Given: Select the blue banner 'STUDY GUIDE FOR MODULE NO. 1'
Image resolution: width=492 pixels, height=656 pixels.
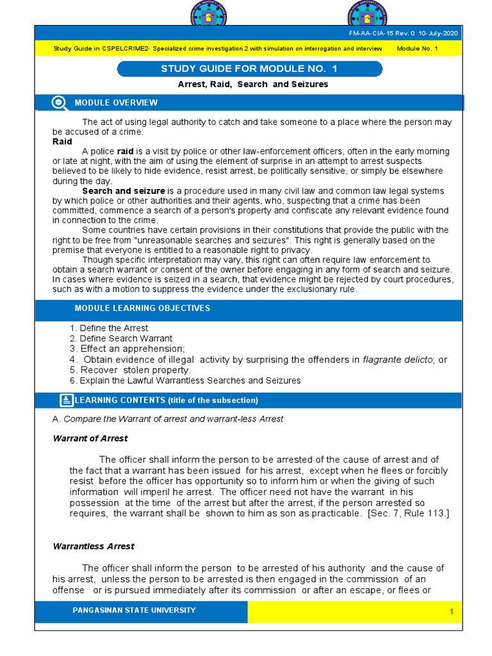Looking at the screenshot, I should pos(250,69).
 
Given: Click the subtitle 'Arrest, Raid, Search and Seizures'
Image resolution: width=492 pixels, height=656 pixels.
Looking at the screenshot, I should pos(252,85).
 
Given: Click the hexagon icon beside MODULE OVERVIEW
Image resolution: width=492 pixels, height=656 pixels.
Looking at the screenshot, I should pos(59,102).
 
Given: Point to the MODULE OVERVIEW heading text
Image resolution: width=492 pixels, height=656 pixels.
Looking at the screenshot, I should pos(116,102).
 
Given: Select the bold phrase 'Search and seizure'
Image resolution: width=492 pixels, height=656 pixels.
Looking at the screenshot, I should pos(124,191).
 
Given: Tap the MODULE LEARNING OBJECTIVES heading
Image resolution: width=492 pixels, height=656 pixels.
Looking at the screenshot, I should pos(142,308).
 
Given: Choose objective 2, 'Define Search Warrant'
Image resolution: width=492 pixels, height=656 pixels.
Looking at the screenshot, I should pos(121,338).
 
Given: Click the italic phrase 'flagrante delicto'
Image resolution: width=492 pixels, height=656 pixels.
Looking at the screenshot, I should pos(398,360).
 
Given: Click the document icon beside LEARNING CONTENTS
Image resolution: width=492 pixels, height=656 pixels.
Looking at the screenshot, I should pos(66,400).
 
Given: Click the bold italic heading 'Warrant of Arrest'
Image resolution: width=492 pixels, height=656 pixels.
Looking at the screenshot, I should pos(90,439).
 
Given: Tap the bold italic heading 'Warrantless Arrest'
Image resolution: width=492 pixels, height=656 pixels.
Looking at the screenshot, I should pos(93,546).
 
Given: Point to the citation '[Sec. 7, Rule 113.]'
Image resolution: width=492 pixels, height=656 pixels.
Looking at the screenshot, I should pos(408,513).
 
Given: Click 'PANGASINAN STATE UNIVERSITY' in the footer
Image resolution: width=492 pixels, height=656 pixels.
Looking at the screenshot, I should pos(135,611).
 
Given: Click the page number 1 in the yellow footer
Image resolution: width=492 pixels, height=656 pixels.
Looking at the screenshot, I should pos(451,612).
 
